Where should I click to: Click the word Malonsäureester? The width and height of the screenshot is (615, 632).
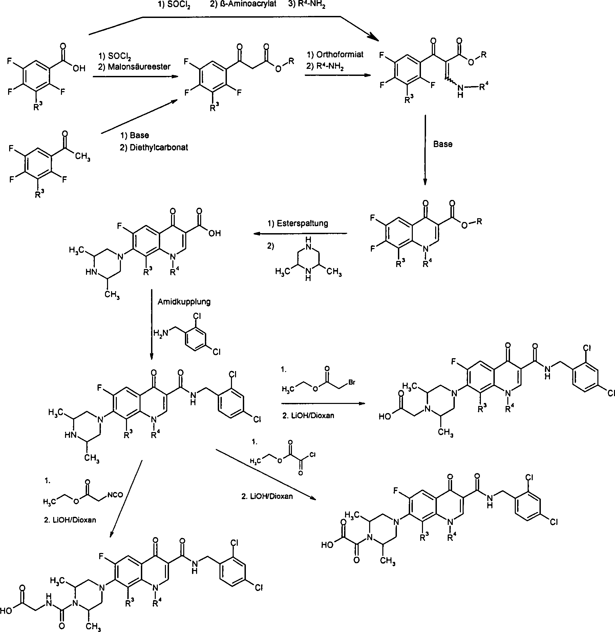(x=139, y=67)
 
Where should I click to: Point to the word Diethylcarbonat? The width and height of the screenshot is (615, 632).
(x=158, y=148)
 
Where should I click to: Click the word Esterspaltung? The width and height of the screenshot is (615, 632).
(x=303, y=223)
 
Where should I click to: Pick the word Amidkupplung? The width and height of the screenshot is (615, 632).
(x=184, y=302)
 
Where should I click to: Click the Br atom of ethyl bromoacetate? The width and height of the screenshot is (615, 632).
(x=352, y=382)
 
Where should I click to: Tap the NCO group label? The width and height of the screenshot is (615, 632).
(x=115, y=495)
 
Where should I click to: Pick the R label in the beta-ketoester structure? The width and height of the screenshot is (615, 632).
(x=291, y=61)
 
